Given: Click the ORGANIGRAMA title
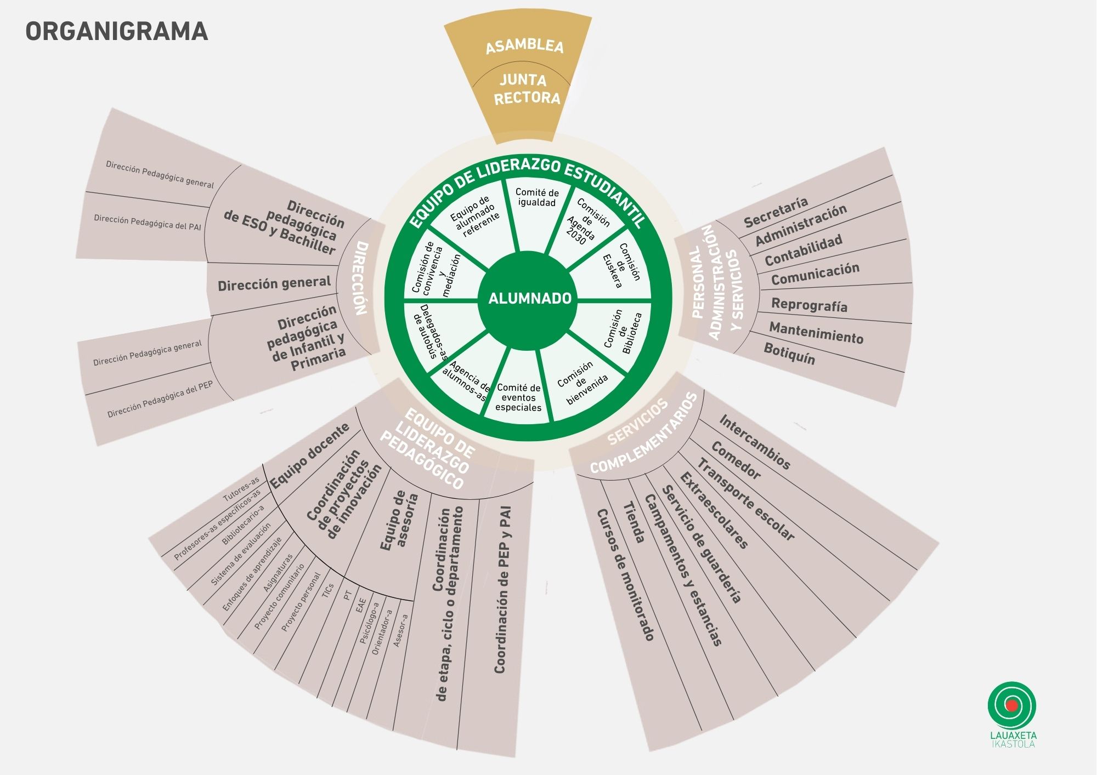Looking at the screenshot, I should click(117, 31).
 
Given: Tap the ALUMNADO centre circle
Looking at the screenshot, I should click(529, 299).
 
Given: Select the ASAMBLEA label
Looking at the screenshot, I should click(524, 46).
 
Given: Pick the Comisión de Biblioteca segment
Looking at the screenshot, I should click(623, 331).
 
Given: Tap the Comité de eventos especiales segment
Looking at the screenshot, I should click(518, 397).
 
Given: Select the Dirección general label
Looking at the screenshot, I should click(274, 284).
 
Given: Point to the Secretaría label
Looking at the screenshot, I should click(776, 212).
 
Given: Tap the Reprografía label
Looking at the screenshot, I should click(809, 305).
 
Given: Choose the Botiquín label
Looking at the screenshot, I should click(789, 354).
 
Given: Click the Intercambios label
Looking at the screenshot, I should click(755, 442).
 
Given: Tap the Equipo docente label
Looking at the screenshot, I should click(310, 455).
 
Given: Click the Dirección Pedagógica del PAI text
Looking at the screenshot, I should click(148, 222).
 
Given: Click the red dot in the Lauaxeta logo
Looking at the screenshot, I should click(1012, 705).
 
